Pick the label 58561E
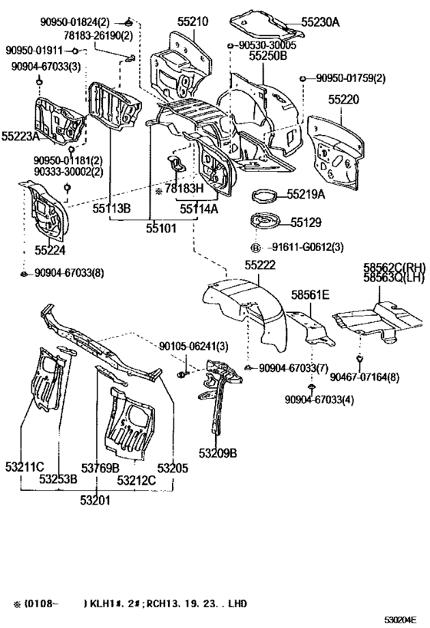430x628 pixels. pyautogui.click(x=310, y=294)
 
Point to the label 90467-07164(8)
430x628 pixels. pyautogui.click(x=365, y=376)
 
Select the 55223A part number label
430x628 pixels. pyautogui.click(x=21, y=136)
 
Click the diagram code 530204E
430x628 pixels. pyautogui.click(x=404, y=618)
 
